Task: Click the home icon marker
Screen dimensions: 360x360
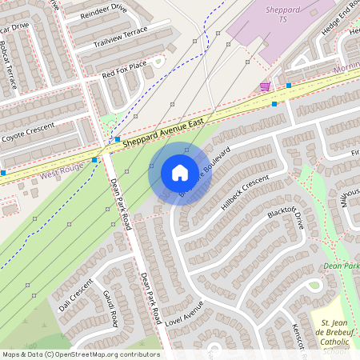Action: coord(180,172)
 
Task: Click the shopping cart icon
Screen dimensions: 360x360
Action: coord(265,86)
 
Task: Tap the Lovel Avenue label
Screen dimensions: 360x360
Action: coord(184,313)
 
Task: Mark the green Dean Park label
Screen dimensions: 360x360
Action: coord(342,266)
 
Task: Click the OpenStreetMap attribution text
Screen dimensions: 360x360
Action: coord(81,354)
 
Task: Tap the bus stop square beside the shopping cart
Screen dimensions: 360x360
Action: coord(288,83)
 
